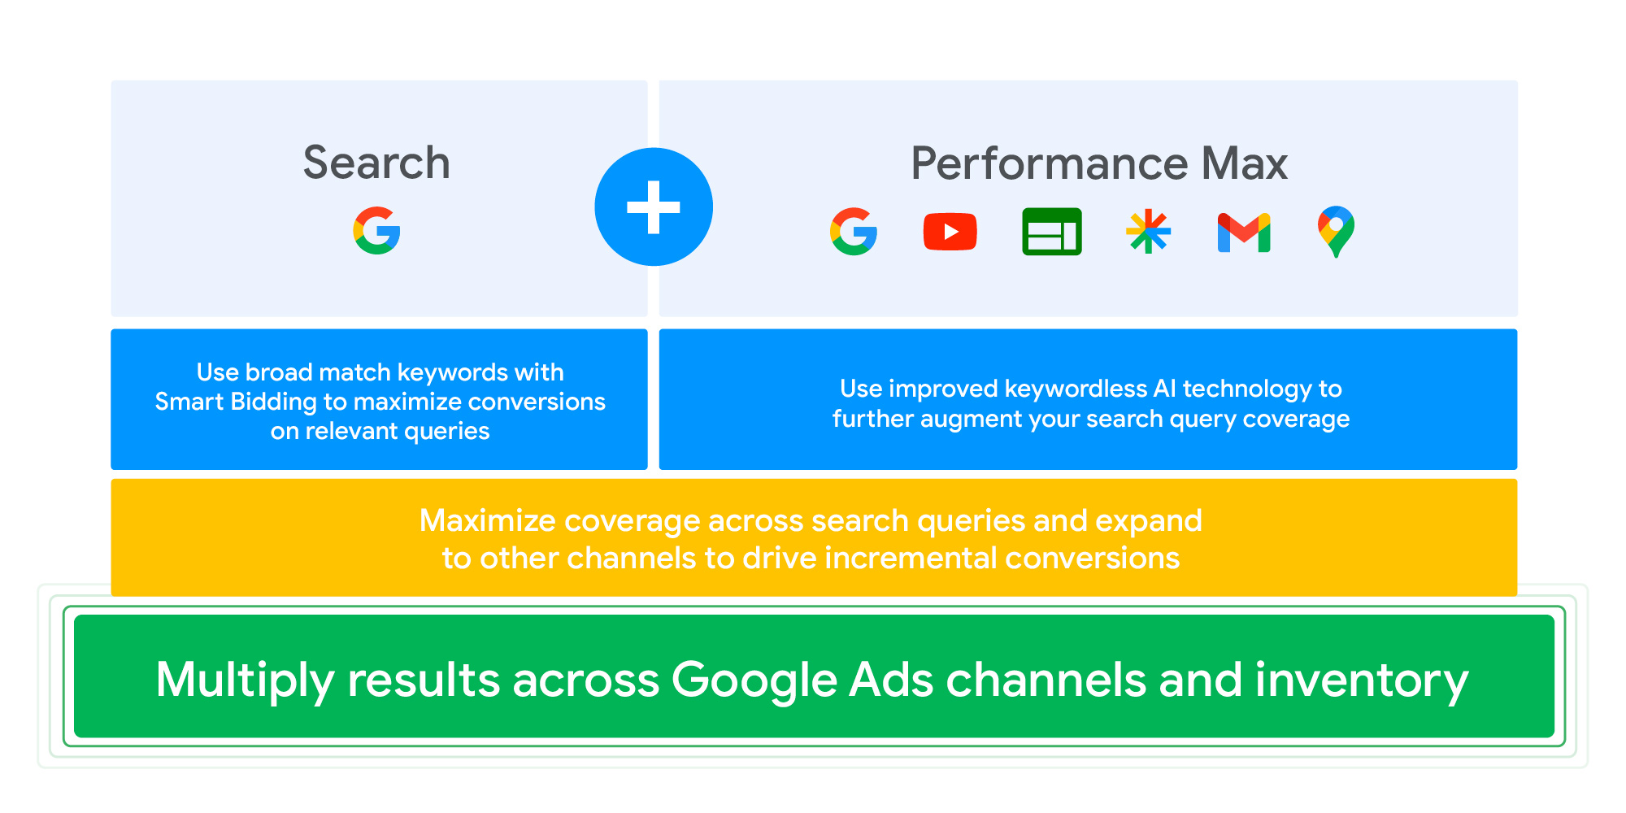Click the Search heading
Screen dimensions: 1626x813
376,163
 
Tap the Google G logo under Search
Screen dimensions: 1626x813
376,231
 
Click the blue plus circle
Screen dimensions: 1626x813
654,207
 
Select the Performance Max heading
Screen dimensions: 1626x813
1099,163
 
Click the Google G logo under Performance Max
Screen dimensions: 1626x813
854,232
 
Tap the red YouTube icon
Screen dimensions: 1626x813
950,232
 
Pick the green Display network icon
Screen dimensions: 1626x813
1052,232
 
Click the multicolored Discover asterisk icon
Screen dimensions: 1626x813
1148,232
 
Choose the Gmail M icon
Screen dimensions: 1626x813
1244,233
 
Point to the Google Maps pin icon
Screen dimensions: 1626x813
1336,232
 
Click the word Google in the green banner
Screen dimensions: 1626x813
754,681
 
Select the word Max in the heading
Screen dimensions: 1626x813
1245,163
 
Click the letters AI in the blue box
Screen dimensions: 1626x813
1165,389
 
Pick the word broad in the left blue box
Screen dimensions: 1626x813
279,372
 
